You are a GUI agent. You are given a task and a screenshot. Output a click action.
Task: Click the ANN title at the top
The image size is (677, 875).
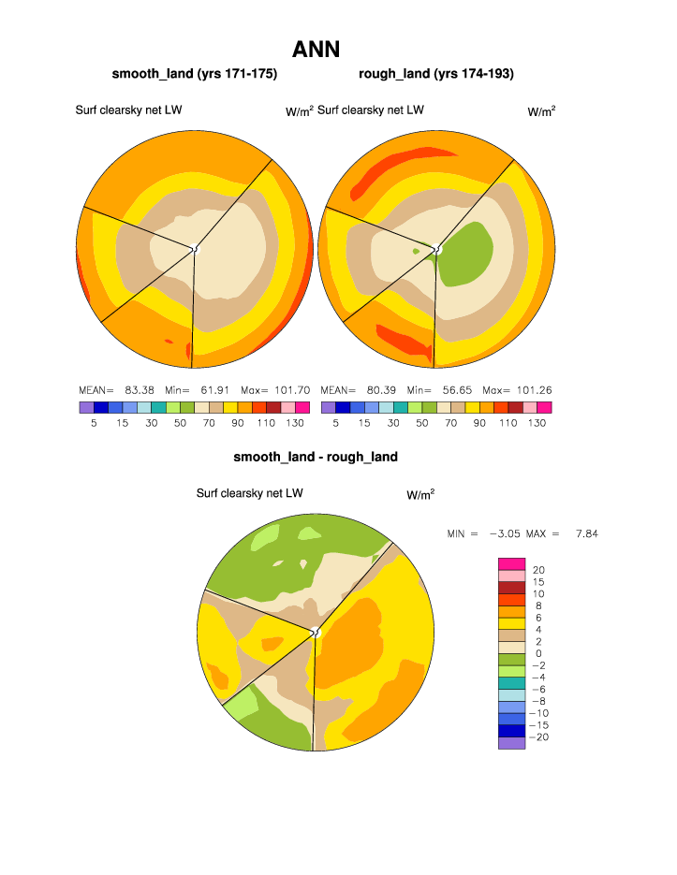(316, 50)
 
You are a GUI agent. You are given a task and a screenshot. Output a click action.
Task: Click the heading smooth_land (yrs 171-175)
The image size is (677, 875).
(195, 73)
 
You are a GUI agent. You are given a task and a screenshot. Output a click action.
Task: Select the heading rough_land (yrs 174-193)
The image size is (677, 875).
(436, 73)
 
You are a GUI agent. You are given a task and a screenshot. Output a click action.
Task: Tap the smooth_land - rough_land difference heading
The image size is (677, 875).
(316, 457)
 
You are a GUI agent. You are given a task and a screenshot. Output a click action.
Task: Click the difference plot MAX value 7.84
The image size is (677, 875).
(586, 533)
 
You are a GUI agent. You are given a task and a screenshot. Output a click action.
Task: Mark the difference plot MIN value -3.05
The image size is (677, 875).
(507, 533)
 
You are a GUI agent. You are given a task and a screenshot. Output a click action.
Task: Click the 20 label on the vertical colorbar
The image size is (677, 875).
(538, 570)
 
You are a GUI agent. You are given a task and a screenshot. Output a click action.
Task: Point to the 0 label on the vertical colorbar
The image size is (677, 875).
(538, 653)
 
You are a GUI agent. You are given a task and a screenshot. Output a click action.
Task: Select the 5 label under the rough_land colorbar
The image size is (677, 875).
(335, 423)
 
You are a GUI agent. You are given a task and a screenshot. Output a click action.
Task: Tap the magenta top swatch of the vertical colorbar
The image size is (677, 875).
(511, 563)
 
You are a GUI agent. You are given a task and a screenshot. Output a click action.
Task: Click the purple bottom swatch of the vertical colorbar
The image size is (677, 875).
(511, 743)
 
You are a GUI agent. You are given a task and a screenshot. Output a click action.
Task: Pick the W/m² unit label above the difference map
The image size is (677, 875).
(420, 493)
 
